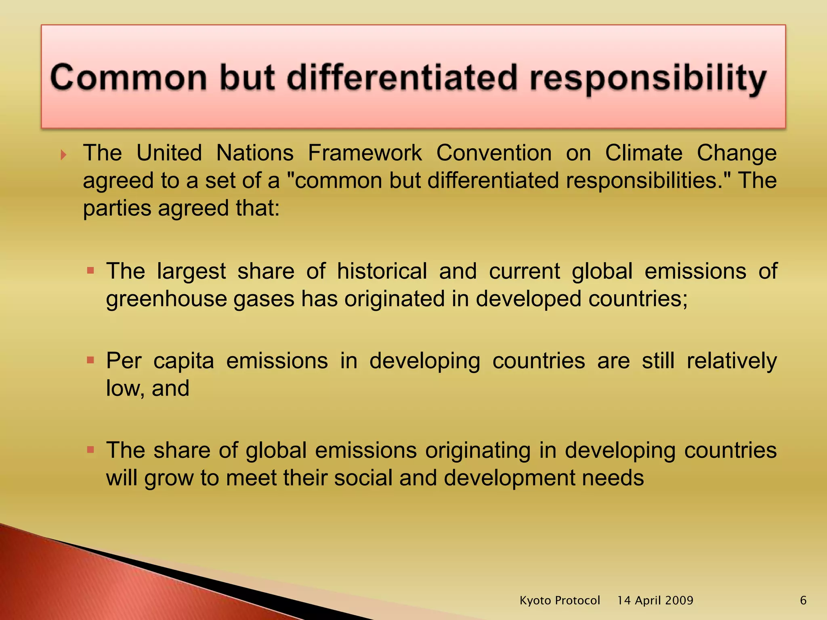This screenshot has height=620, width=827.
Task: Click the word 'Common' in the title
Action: (x=128, y=78)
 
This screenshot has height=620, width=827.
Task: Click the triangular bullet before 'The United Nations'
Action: (x=63, y=155)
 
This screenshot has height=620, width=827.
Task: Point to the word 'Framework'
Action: (x=365, y=153)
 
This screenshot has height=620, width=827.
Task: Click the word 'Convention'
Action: (x=494, y=153)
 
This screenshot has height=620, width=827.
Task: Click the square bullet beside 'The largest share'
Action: (x=90, y=270)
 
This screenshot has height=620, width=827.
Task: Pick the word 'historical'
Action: (x=382, y=271)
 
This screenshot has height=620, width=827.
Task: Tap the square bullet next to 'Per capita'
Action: (x=90, y=360)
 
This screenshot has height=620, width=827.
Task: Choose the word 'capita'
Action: (x=184, y=361)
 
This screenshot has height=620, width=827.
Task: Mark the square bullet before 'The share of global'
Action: (x=90, y=449)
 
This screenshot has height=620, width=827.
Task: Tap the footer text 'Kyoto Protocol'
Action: (x=560, y=601)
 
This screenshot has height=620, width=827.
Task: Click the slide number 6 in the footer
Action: (x=803, y=601)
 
